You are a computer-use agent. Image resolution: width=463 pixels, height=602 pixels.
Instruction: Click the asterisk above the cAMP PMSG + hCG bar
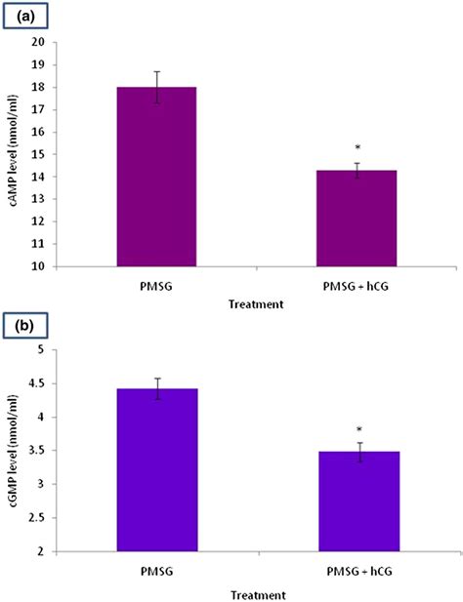[x=358, y=149]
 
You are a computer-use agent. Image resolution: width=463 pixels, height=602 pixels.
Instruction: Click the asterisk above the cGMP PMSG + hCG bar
[x=358, y=430]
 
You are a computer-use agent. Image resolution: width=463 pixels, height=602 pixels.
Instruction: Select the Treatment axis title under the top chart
[x=257, y=303]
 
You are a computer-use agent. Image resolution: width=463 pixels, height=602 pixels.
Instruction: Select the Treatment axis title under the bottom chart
[x=257, y=594]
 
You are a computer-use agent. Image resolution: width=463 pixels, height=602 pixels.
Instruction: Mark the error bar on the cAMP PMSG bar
[x=156, y=87]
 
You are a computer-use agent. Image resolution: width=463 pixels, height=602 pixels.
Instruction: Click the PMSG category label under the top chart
[x=156, y=286]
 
